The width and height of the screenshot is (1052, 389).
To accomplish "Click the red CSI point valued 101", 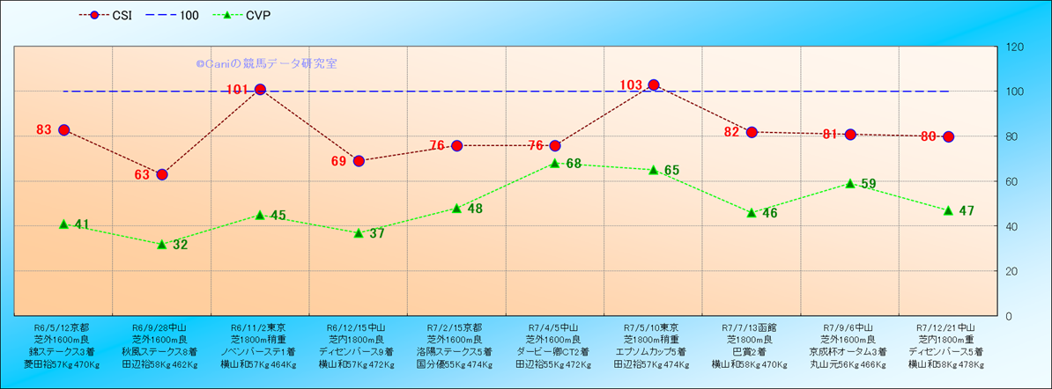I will tap(260, 90).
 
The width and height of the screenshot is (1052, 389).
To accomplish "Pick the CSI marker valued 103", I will tap(654, 85).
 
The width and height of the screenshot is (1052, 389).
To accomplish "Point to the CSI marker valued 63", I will tap(162, 174).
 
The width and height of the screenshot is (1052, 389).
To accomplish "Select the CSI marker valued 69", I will tap(359, 161).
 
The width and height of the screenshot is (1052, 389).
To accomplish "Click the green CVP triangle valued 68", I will tap(555, 163).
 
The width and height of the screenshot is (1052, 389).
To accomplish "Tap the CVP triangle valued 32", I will tap(162, 244).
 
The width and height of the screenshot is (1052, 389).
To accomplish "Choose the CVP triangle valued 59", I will tap(850, 183).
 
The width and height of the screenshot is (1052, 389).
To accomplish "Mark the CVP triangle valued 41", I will tap(63, 224).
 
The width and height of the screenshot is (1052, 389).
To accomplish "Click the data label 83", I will tap(44, 129).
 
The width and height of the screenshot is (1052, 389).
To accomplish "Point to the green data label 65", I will tap(671, 170).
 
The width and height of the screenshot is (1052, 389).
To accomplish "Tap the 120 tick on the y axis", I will tap(1016, 47).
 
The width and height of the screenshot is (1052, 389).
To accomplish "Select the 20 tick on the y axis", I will tap(1013, 271).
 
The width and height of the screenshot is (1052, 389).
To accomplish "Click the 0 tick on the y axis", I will tap(1010, 316).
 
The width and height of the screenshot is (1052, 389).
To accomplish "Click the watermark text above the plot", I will tap(266, 63).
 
